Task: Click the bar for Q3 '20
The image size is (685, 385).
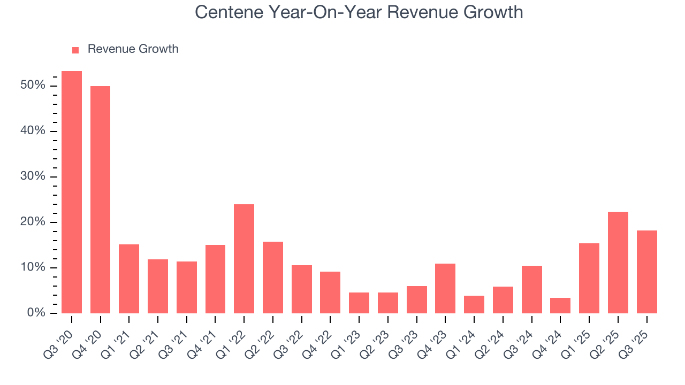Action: point(72,192)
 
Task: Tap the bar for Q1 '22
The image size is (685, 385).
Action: point(244,259)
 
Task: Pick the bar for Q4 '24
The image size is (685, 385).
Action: point(560,305)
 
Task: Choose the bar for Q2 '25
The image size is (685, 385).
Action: point(618,263)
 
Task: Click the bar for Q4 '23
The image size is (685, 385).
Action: point(445,288)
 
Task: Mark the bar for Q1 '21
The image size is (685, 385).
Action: point(129,279)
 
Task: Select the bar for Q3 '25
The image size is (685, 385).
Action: point(646,272)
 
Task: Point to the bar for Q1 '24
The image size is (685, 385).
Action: point(474,304)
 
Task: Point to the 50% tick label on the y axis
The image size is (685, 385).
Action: point(33,86)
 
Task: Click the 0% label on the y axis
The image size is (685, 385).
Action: point(36,313)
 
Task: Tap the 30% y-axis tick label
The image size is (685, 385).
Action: point(33,176)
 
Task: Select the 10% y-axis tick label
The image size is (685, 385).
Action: point(33,267)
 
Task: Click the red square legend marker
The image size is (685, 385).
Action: point(75,50)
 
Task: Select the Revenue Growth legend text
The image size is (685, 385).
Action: point(133,49)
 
